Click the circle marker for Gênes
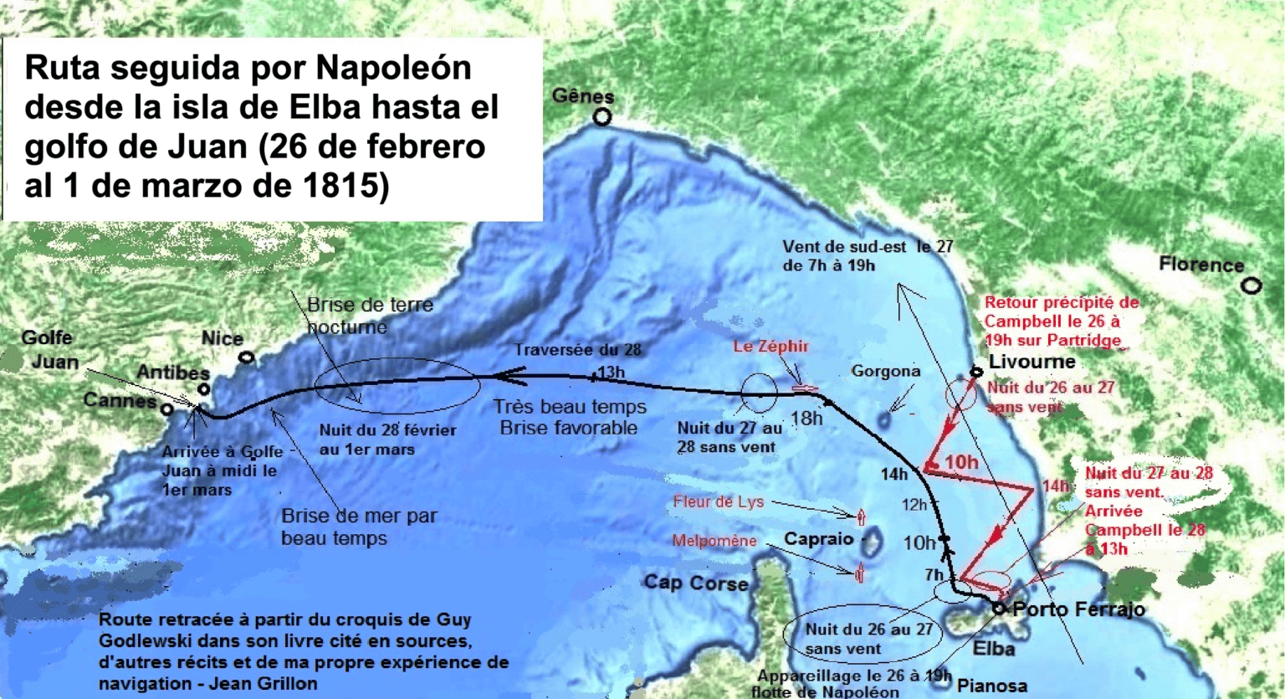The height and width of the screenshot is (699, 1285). (x=602, y=118)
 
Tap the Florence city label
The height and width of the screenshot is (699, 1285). (x=1201, y=265)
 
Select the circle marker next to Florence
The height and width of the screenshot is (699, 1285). (x=1251, y=286)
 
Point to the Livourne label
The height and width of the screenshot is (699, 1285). (x=1032, y=362)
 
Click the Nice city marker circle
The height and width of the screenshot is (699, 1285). (x=247, y=357)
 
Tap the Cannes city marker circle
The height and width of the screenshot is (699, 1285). (x=167, y=410)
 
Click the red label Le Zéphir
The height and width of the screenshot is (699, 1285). (x=770, y=346)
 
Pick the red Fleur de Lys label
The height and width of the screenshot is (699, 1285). (x=719, y=502)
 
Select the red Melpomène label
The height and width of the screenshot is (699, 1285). (x=714, y=542)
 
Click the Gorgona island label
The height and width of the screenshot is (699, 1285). (x=885, y=371)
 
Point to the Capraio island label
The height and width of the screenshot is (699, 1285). (x=818, y=538)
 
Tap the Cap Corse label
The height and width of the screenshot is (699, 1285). (x=695, y=583)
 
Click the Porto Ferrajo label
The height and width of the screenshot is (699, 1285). (x=1078, y=609)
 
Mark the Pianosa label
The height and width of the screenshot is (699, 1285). (x=991, y=686)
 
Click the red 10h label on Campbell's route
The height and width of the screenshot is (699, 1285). (x=961, y=462)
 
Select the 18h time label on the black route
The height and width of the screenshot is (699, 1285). (x=806, y=418)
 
